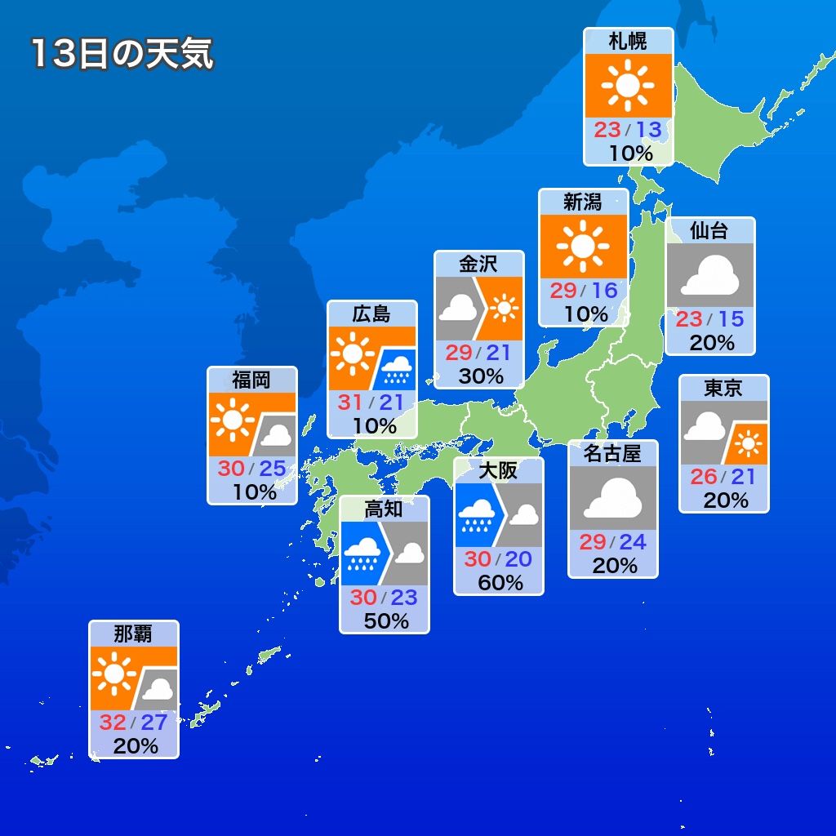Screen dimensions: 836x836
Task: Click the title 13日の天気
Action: click(x=122, y=54)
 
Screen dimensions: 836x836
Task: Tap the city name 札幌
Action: click(x=628, y=41)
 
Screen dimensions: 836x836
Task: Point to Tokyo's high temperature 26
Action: click(x=703, y=476)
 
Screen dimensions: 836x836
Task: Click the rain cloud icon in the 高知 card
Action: click(x=362, y=556)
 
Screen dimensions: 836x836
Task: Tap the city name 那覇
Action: click(x=133, y=634)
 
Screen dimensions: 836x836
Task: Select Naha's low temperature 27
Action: click(x=153, y=723)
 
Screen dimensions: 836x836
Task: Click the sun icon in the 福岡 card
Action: click(x=232, y=420)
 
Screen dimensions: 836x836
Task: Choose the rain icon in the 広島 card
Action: click(x=397, y=369)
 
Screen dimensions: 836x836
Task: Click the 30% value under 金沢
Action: click(x=480, y=376)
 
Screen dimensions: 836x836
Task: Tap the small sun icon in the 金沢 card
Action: click(x=505, y=307)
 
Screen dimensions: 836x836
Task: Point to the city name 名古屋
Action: click(x=612, y=453)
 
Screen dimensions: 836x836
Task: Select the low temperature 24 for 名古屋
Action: click(x=632, y=541)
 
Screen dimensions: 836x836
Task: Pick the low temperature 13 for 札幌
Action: click(x=648, y=130)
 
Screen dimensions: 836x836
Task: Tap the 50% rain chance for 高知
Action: click(x=385, y=620)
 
